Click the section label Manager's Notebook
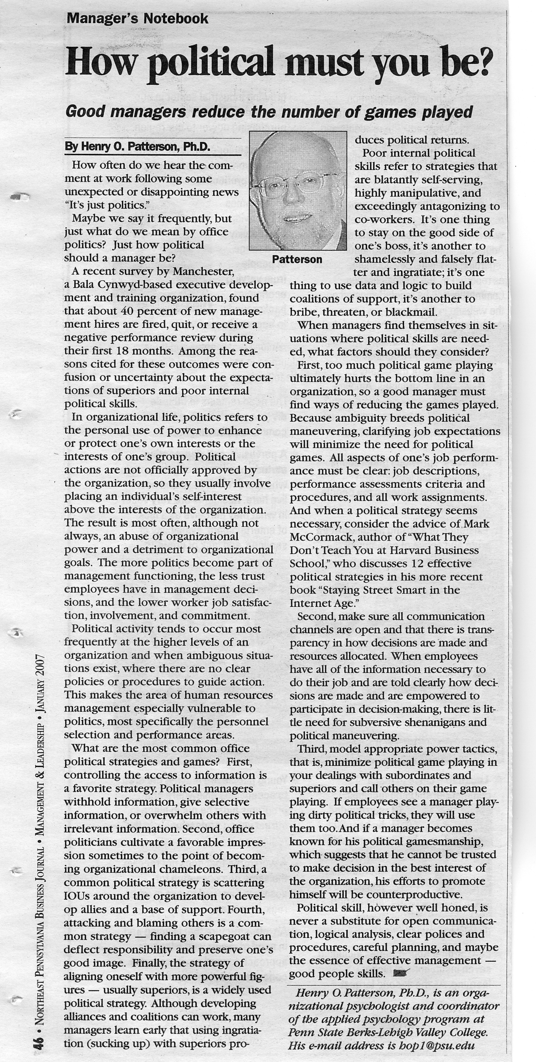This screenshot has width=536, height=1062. [x=137, y=19]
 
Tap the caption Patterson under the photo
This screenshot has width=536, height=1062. [x=297, y=259]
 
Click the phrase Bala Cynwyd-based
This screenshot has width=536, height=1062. [x=118, y=285]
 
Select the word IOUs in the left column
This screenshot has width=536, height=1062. [x=78, y=896]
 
